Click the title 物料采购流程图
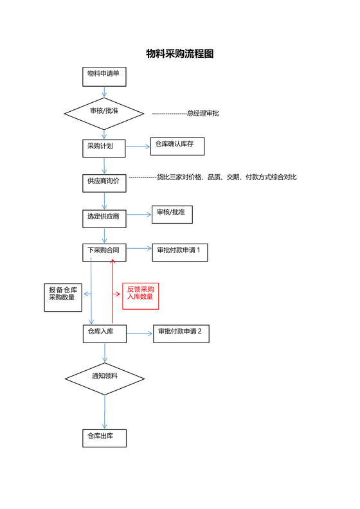pyautogui.click(x=179, y=54)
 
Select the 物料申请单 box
pyautogui.click(x=104, y=76)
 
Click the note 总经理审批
pyautogui.click(x=203, y=113)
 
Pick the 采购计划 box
pyautogui.click(x=104, y=147)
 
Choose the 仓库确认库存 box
pyautogui.click(x=177, y=146)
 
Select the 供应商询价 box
pyautogui.click(x=104, y=183)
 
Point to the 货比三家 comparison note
pyautogui.click(x=226, y=177)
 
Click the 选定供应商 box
pyautogui.click(x=104, y=218)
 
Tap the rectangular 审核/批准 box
pyautogui.click(x=171, y=215)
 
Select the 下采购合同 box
pyautogui.click(x=104, y=252)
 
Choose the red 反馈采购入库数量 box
pyautogui.click(x=140, y=296)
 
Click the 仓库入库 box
pyautogui.click(x=104, y=333)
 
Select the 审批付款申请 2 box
pyautogui.click(x=181, y=333)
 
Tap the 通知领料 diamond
pyautogui.click(x=105, y=376)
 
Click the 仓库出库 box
pyautogui.click(x=104, y=438)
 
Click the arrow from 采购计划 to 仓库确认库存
pyautogui.click(x=138, y=147)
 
